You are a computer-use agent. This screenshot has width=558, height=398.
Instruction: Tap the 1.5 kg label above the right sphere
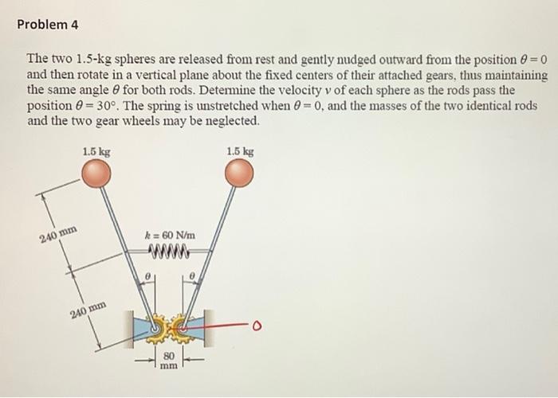click(240, 151)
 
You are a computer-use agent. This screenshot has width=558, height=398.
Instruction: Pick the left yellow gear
click(158, 326)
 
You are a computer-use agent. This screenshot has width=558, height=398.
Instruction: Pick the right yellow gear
click(182, 326)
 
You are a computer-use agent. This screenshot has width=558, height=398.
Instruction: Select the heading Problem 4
click(48, 25)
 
